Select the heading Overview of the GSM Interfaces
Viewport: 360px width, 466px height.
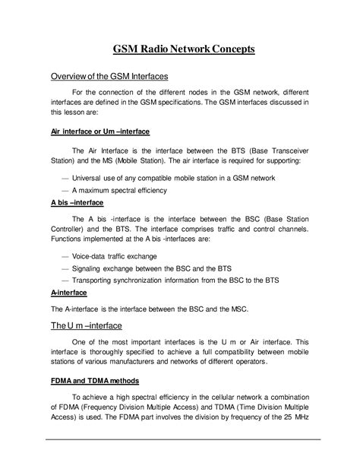[x=109, y=77]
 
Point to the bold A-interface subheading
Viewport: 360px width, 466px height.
[x=68, y=293]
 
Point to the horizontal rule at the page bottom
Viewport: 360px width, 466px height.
[x=180, y=439]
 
